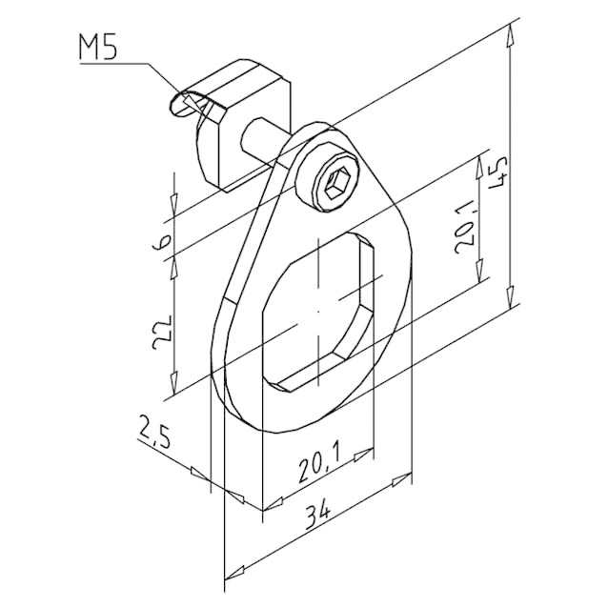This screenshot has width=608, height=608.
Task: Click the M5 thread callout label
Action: pyautogui.click(x=98, y=47)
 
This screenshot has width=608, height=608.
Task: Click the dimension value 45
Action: pyautogui.click(x=497, y=172)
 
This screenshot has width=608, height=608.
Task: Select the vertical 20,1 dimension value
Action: pyautogui.click(x=465, y=227)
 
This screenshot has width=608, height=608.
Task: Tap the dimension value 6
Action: pyautogui.click(x=161, y=242)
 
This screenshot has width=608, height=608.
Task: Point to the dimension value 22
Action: pyautogui.click(x=161, y=332)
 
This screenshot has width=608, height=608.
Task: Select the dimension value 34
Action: pyautogui.click(x=317, y=517)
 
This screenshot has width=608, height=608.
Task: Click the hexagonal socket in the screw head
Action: pyautogui.click(x=335, y=183)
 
